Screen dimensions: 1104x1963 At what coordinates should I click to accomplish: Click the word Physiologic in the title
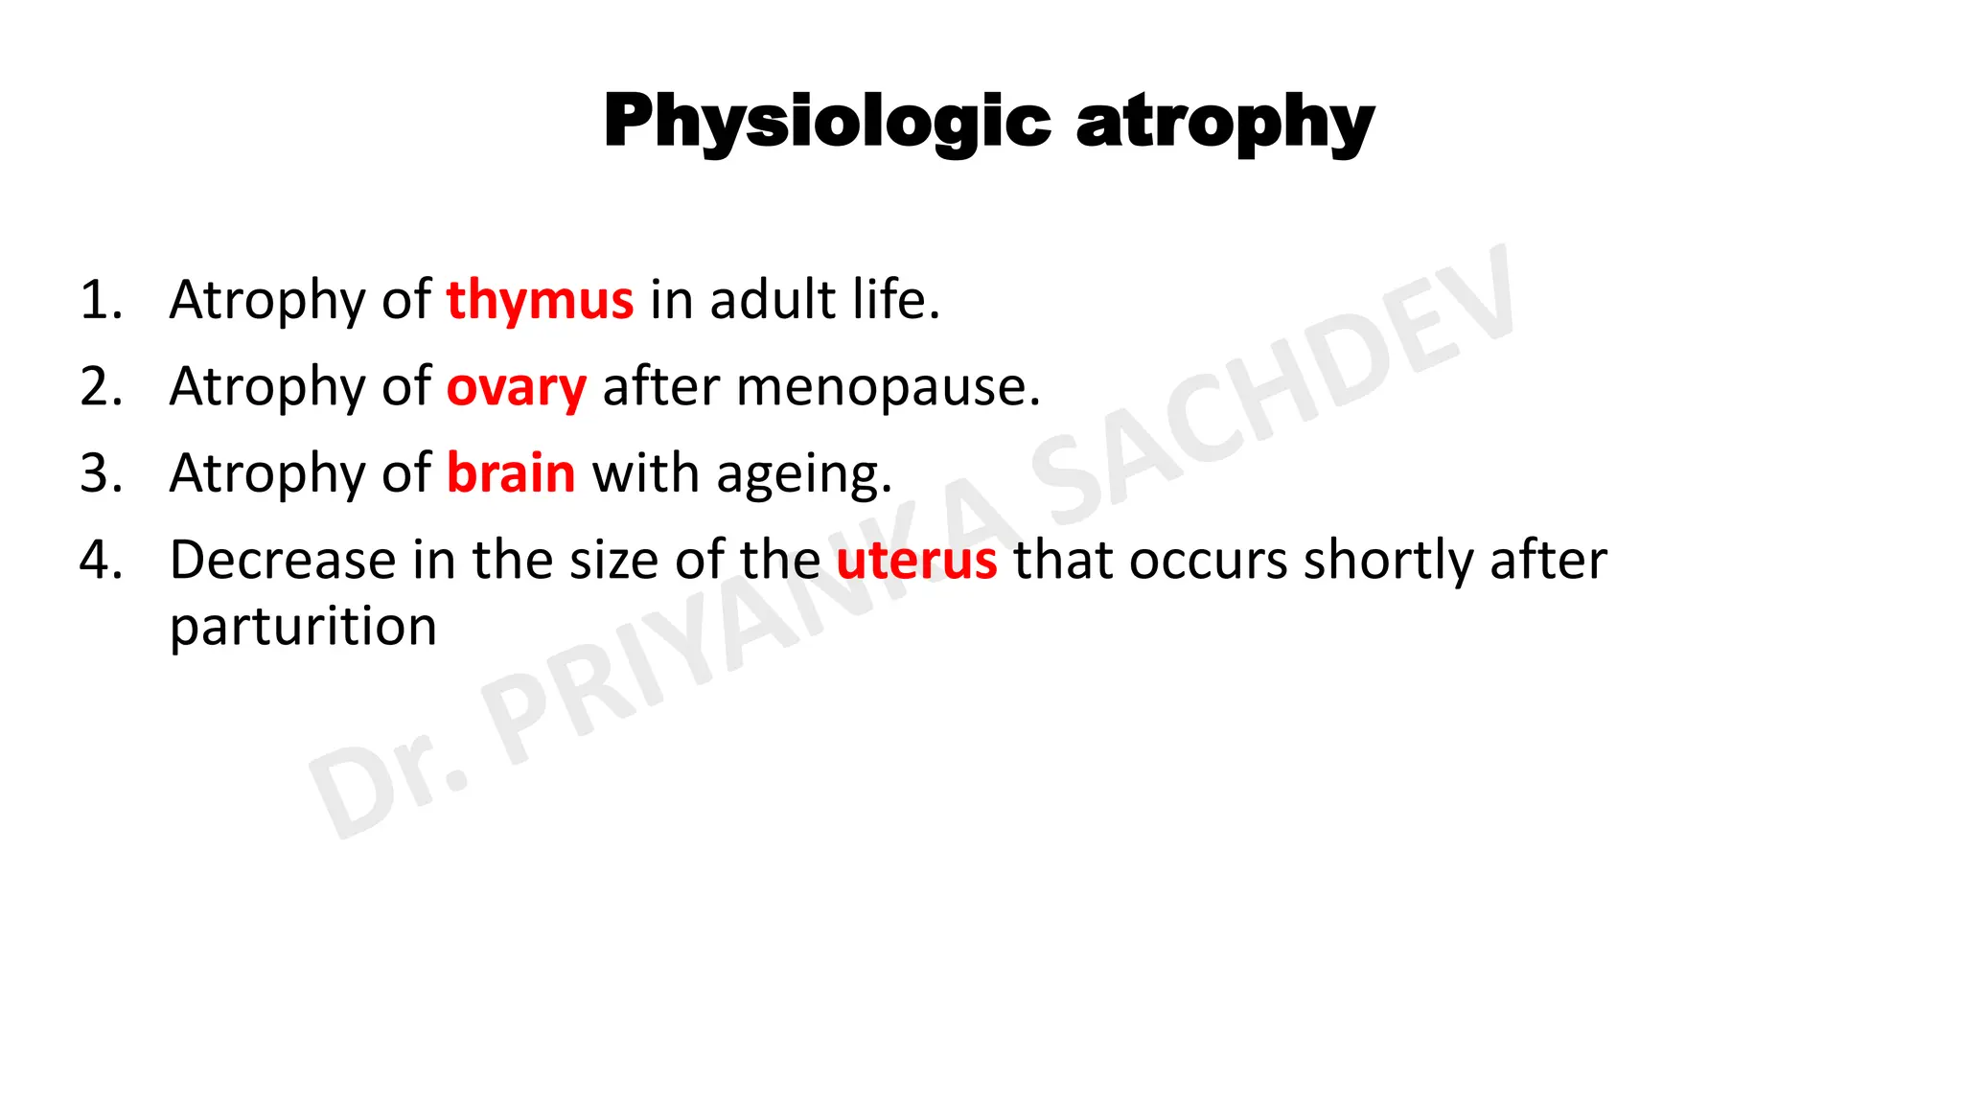826,123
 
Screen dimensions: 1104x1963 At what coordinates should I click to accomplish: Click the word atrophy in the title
1225,123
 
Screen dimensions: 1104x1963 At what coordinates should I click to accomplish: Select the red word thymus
540,300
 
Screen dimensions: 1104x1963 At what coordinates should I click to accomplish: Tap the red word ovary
516,387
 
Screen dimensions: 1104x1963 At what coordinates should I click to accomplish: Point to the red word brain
511,473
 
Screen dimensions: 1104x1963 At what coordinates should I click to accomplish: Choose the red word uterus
916,560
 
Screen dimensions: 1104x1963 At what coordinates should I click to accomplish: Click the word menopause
888,387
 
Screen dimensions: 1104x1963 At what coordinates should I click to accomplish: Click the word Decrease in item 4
283,560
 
